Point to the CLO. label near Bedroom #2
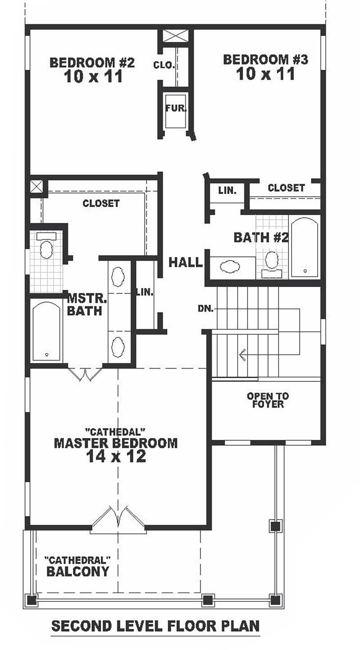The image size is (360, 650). [163, 65]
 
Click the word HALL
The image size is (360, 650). [186, 262]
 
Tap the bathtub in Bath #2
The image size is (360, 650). [305, 248]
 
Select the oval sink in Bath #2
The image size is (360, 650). [230, 267]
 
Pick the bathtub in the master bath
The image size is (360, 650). [47, 331]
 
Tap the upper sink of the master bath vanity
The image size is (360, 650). [118, 275]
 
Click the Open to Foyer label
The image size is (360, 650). [268, 400]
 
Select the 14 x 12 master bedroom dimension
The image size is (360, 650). [116, 457]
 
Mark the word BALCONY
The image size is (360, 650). [78, 572]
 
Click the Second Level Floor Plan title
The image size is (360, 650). [155, 626]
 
